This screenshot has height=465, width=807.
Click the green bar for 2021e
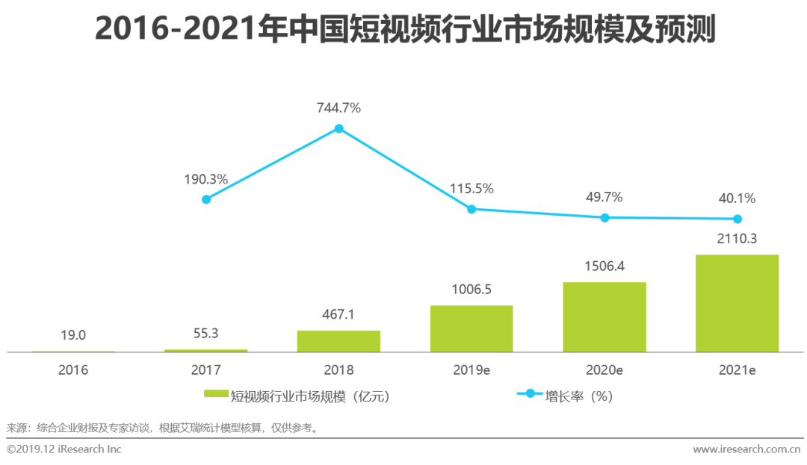coord(737,303)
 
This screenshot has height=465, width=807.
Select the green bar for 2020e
coord(605,316)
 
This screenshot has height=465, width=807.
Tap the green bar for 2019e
coord(471,328)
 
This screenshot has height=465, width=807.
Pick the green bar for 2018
coord(338,341)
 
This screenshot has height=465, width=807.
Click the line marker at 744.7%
coord(338,128)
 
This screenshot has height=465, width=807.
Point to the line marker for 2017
coord(206,199)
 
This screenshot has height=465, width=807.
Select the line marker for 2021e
coord(738,219)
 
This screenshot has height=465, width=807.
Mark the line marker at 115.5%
coord(471,209)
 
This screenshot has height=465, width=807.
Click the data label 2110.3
coord(737,241)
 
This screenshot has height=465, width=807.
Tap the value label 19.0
coord(73,336)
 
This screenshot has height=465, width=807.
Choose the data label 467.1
coord(338,315)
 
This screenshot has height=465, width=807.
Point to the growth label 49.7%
coord(605,197)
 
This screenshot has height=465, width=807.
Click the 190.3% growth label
coord(206,179)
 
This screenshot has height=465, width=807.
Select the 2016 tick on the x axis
coord(73,369)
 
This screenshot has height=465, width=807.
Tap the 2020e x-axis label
coord(605,369)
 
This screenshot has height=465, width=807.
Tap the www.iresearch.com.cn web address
coord(746,449)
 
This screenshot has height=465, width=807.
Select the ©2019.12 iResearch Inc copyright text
coord(64,449)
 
